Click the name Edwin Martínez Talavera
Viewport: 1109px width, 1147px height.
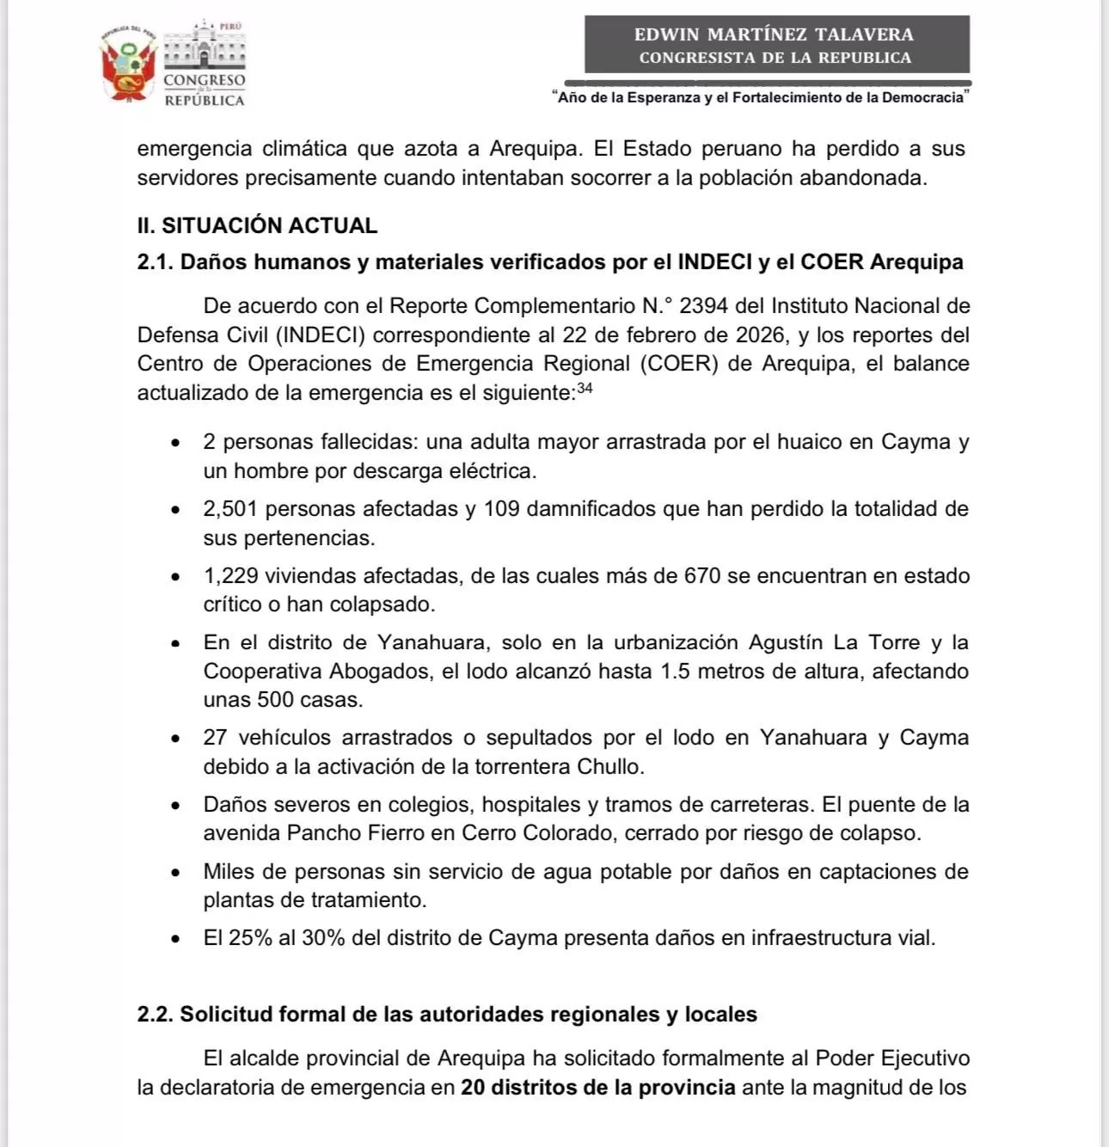[774, 34]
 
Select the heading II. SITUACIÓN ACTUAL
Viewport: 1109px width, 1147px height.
[257, 225]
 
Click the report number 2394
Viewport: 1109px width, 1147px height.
[705, 305]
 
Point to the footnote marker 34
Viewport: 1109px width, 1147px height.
[585, 388]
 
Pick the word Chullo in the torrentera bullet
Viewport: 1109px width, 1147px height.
[609, 766]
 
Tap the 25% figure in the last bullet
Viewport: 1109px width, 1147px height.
[250, 937]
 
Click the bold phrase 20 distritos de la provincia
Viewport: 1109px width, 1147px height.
[597, 1088]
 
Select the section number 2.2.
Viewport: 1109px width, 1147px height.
[155, 1015]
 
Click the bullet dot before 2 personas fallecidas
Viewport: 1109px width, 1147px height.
[175, 443]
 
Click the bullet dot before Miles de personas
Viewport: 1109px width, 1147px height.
[175, 873]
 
